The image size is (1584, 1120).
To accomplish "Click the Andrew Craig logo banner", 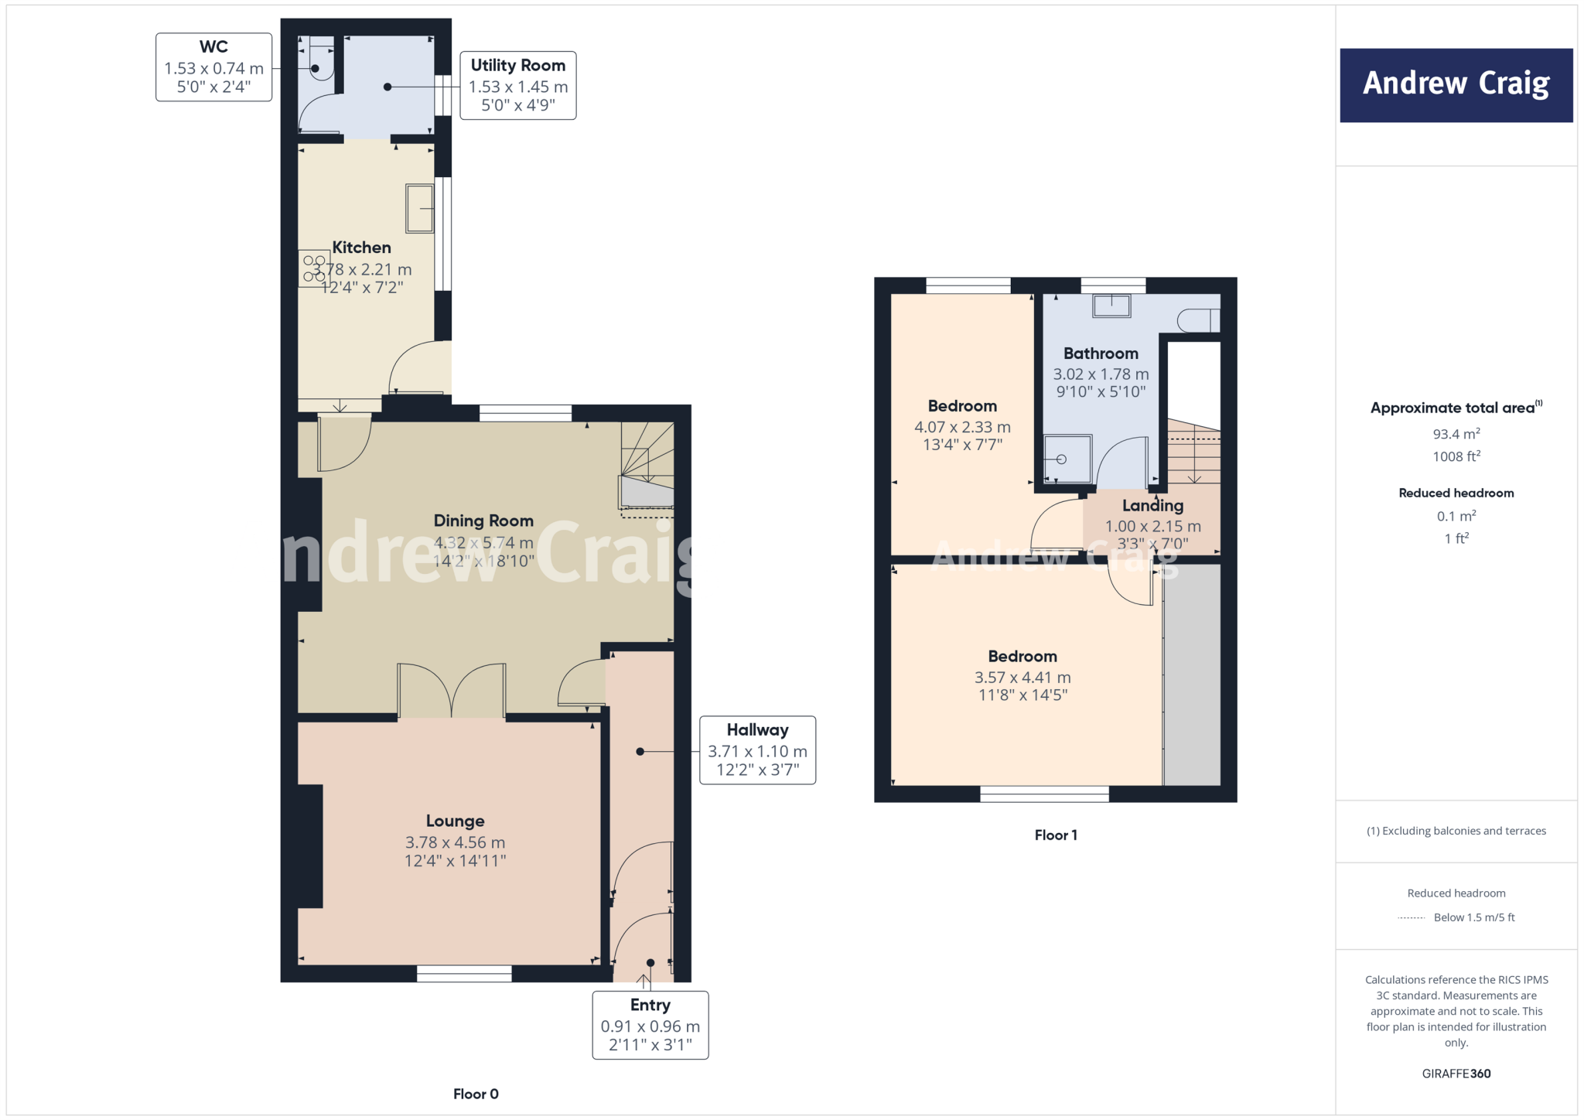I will tap(1456, 85).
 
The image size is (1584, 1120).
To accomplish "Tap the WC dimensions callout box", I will tap(213, 67).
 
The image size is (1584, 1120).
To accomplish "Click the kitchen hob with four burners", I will tap(314, 268).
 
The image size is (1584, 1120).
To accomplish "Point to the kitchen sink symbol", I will tap(420, 208).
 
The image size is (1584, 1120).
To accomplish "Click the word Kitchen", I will tap(361, 248).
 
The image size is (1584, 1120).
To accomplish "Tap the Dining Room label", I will tap(483, 521).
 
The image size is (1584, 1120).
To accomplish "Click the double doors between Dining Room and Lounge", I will tap(452, 691).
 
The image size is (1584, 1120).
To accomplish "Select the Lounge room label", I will tap(455, 821).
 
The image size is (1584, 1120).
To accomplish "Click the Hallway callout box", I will tap(757, 750).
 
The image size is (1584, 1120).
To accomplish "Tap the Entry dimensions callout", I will tap(650, 1025).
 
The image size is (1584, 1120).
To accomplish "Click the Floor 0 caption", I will tap(476, 1094).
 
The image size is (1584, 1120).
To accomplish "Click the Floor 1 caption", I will tap(1055, 835).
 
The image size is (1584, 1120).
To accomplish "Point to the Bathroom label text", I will tap(1100, 353).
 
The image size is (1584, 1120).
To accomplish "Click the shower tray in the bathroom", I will tap(1067, 459).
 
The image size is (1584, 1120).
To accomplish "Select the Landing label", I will tap(1152, 505).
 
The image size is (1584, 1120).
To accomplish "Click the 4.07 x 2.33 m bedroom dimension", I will tap(962, 427).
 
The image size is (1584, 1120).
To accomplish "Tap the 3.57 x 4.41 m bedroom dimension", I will tap(1022, 677).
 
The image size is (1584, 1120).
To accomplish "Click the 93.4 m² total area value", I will tap(1456, 434).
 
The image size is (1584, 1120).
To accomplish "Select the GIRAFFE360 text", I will tap(1456, 1073).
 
